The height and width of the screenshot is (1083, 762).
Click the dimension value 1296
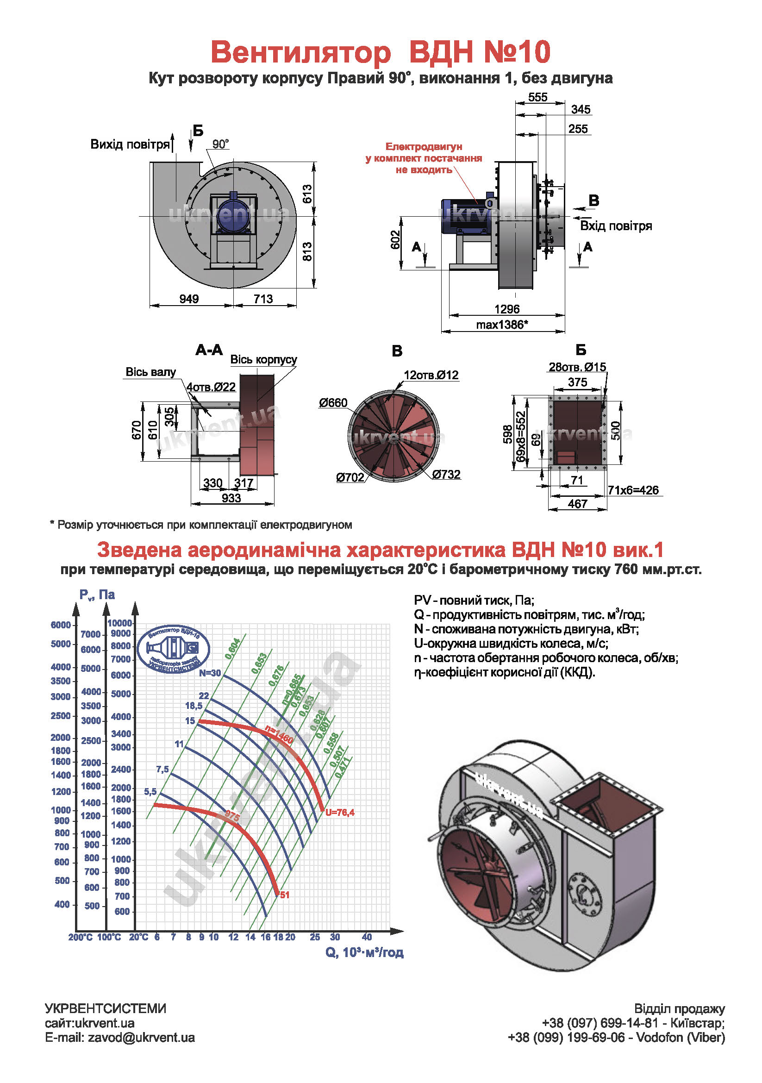(506, 309)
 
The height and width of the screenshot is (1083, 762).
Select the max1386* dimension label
(502, 325)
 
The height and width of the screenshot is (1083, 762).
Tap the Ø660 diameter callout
(333, 403)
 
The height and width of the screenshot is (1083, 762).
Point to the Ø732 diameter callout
(446, 474)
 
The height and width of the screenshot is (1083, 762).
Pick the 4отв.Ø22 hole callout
(211, 387)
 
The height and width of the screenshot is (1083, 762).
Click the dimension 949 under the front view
(189, 299)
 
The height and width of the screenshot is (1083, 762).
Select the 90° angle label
(220, 144)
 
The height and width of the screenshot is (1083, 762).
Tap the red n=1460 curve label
(279, 734)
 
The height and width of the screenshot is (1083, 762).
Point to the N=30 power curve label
(209, 673)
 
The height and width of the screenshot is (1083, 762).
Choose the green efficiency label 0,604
(232, 649)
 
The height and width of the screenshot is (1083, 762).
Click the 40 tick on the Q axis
(367, 937)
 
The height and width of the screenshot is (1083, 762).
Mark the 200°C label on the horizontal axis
(80, 937)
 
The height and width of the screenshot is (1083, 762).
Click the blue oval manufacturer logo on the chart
(173, 650)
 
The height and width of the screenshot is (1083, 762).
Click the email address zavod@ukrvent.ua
(141, 1037)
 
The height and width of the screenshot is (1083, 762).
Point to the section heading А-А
(209, 350)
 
